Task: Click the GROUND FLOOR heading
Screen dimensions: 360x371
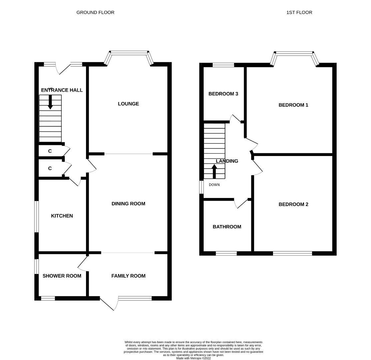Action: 95,12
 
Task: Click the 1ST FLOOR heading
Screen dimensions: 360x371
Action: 299,12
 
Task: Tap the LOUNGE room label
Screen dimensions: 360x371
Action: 128,104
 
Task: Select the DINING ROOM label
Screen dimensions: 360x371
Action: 128,204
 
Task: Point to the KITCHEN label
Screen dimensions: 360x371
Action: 62,216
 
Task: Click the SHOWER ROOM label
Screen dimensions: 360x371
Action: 62,276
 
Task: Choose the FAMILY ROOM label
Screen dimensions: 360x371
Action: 128,276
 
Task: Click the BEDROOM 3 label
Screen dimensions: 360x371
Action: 223,94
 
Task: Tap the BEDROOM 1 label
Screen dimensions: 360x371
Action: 293,105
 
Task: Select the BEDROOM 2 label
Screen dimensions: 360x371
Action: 293,204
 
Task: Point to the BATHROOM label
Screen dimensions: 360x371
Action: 227,227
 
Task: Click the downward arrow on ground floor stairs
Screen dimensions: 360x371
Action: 50,102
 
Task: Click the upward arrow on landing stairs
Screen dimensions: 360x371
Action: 214,171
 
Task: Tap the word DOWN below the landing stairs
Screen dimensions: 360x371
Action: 214,185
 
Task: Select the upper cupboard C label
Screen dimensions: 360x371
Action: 50,151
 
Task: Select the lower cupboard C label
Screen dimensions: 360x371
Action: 50,168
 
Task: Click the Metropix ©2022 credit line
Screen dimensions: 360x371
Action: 193,358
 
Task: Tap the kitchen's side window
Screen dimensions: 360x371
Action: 37,216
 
